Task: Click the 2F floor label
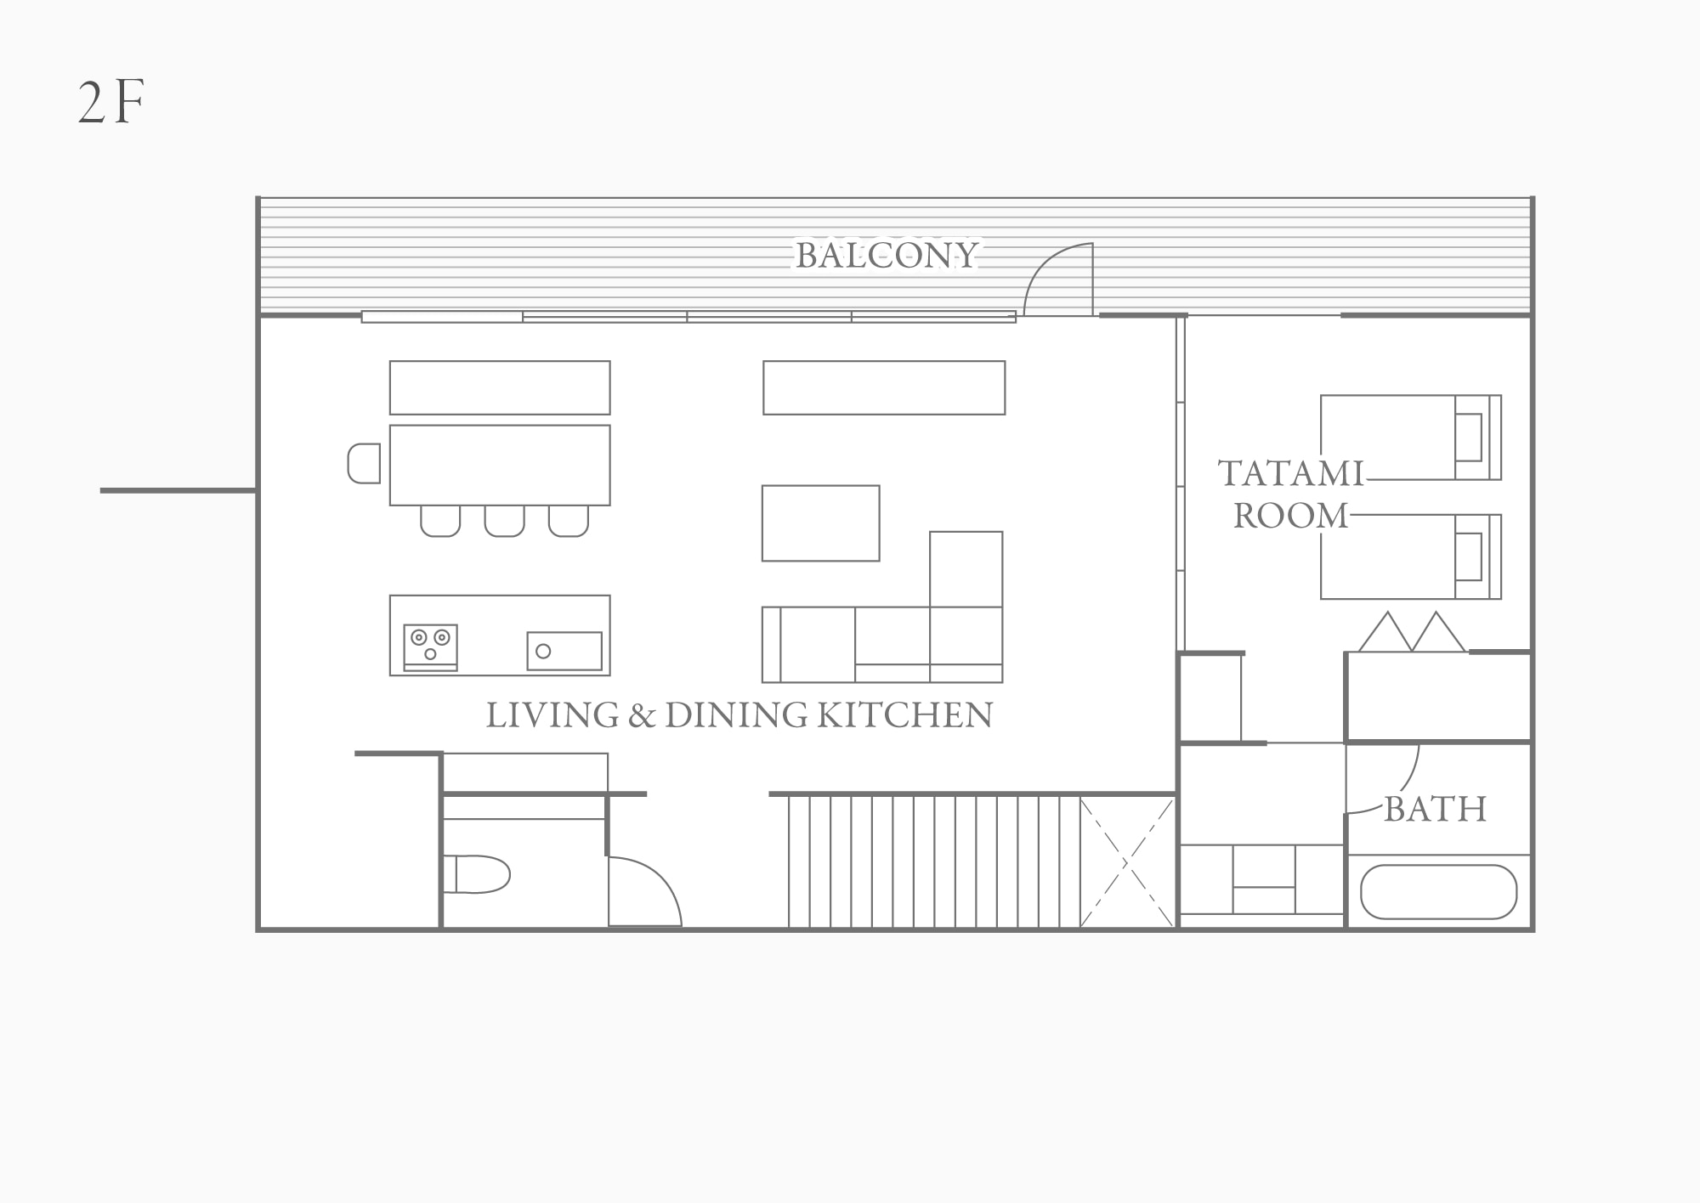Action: point(111,103)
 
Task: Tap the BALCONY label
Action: point(887,256)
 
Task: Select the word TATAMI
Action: point(1290,474)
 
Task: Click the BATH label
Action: point(1436,810)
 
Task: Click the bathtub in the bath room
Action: point(1438,892)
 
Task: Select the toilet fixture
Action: point(476,874)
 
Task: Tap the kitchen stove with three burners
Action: point(430,648)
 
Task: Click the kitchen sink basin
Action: point(564,651)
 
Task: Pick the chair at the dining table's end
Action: point(364,464)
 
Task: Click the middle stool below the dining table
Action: point(505,521)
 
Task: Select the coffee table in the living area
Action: point(820,523)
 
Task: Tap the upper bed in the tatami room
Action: point(1411,438)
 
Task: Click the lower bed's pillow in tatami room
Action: point(1469,556)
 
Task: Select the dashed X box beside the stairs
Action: point(1127,862)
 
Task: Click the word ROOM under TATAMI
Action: point(1290,517)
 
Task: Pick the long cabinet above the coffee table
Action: point(884,387)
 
